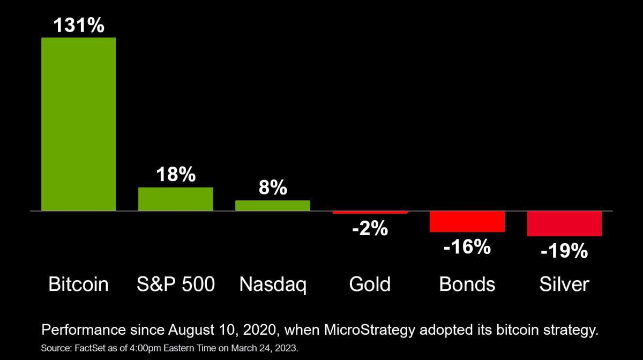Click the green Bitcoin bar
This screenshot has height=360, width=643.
79,124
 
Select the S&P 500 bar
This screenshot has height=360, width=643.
176,199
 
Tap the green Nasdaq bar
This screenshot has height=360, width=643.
273,206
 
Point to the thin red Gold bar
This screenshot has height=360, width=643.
370,213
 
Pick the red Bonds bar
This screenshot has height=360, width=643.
467,222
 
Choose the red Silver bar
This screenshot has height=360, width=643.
564,223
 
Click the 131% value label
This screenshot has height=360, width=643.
79,25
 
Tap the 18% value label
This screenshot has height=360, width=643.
176,174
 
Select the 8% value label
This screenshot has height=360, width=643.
273,187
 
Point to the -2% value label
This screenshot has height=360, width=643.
370,229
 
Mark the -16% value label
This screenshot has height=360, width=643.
467,246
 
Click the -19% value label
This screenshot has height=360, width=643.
564,251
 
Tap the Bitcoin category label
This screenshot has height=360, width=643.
79,284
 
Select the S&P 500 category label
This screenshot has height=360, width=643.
176,284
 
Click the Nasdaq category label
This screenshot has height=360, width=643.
273,285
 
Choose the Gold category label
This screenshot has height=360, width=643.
370,284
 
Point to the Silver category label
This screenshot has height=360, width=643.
564,284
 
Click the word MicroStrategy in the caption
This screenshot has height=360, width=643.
370,331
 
